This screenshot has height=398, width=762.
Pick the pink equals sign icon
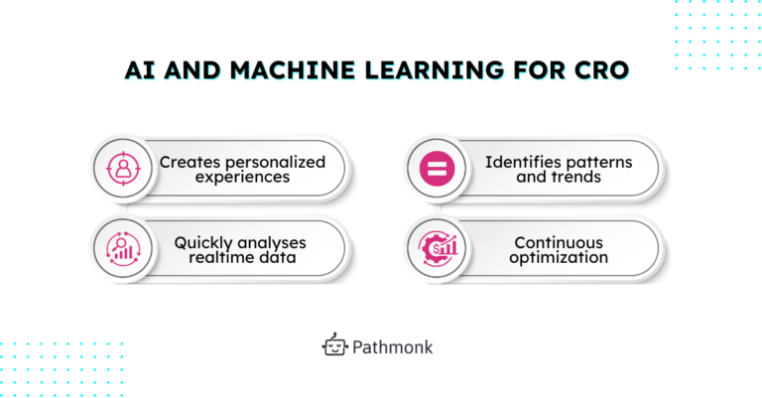pyautogui.click(x=436, y=169)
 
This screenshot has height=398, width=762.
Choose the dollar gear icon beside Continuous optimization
pyautogui.click(x=436, y=249)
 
